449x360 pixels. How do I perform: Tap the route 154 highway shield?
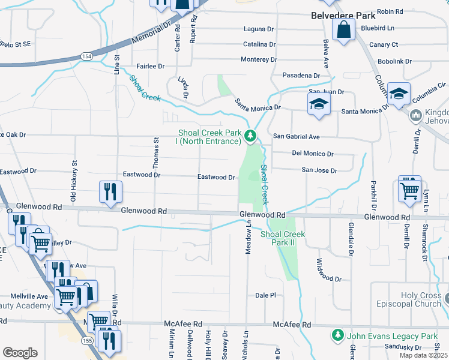click(x=86, y=56)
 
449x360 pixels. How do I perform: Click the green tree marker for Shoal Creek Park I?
click(x=251, y=137)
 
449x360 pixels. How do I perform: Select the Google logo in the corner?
click(x=20, y=352)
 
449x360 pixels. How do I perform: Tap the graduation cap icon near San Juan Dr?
click(x=319, y=104)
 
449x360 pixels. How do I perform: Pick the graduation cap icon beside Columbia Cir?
click(x=398, y=94)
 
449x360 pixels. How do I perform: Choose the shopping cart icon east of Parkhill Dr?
click(x=409, y=190)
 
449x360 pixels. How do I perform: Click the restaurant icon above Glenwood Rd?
click(x=110, y=192)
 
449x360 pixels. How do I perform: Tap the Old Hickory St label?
click(x=74, y=180)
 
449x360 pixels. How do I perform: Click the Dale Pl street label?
click(x=265, y=295)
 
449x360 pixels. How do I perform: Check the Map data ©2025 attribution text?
click(x=424, y=355)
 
